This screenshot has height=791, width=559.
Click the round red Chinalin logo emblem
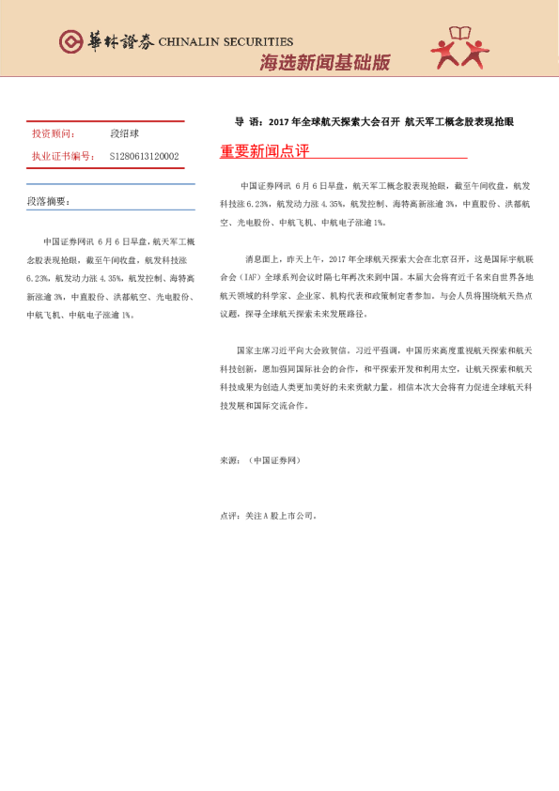click(70, 41)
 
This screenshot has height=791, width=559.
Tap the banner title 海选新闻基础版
click(323, 64)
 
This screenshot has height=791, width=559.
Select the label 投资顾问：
click(54, 134)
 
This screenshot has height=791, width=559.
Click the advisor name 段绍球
click(125, 134)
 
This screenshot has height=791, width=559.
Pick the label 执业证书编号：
click(62, 156)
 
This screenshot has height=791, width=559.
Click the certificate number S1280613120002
click(145, 156)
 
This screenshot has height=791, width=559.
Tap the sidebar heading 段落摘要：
click(48, 201)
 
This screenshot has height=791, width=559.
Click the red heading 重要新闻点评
click(264, 150)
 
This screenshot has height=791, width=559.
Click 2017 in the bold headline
click(279, 122)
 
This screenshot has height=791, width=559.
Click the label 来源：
click(230, 460)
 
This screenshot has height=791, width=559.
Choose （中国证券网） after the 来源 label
click(273, 460)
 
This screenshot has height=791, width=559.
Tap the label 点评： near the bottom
click(230, 515)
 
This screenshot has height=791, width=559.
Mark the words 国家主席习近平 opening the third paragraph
click(265, 347)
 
